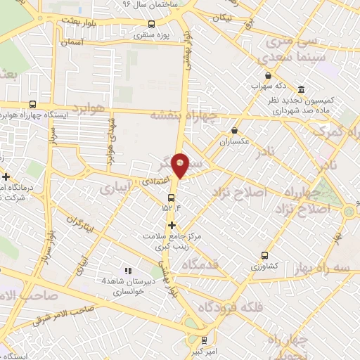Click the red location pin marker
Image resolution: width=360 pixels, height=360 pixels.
click(181, 165)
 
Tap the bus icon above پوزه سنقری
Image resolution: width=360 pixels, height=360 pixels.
click(152, 24)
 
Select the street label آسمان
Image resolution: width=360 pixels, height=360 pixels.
click(72, 42)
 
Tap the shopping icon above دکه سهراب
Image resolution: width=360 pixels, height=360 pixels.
click(268, 76)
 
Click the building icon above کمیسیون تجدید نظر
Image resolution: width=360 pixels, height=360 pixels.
click(302, 90)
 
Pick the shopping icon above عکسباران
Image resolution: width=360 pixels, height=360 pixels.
click(234, 130)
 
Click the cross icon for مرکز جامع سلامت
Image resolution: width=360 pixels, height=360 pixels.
click(172, 224)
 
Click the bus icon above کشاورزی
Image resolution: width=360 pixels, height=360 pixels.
click(264, 255)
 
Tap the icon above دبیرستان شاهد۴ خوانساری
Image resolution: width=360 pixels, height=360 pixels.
click(128, 271)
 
